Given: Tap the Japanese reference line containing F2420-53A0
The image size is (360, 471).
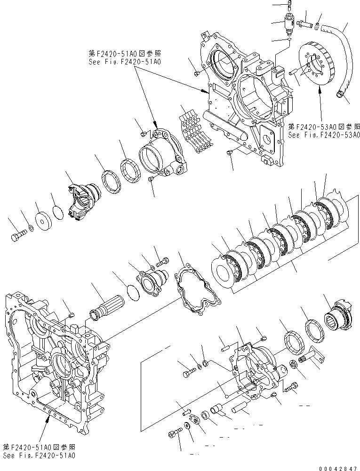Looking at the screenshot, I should point(323,127).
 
